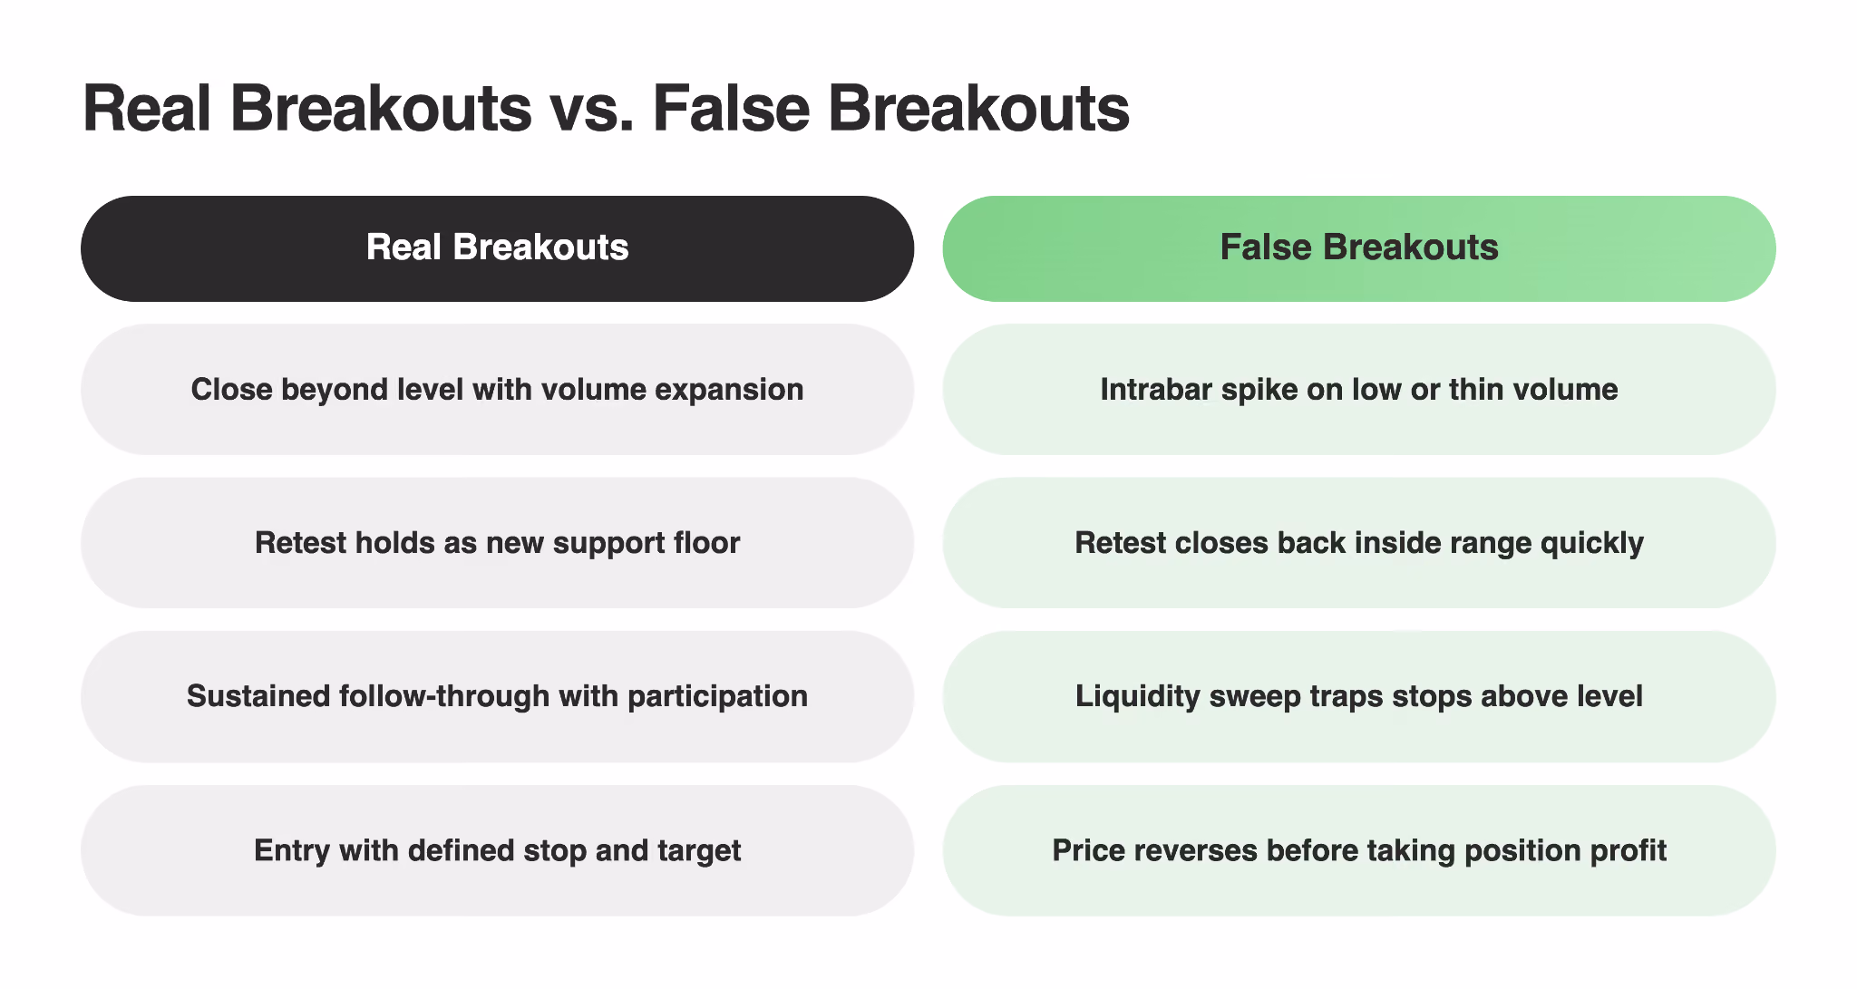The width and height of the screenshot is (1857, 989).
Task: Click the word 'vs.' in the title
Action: point(591,110)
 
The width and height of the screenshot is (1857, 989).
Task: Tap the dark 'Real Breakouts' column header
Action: point(497,248)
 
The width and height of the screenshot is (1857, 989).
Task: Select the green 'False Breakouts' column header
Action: point(1359,248)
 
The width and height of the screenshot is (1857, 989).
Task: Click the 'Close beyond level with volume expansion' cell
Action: point(497,390)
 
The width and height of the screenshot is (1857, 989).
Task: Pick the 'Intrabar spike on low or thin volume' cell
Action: point(1359,390)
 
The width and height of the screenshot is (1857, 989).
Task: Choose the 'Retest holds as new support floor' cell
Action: point(497,543)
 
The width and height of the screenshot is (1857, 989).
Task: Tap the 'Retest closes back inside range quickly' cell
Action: point(1359,543)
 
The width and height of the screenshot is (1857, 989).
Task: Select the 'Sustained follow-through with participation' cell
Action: point(497,696)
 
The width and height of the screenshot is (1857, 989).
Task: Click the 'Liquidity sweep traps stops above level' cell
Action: point(1359,696)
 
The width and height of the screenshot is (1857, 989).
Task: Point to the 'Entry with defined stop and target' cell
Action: point(497,850)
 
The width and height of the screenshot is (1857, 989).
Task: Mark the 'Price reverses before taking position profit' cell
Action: point(1359,850)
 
